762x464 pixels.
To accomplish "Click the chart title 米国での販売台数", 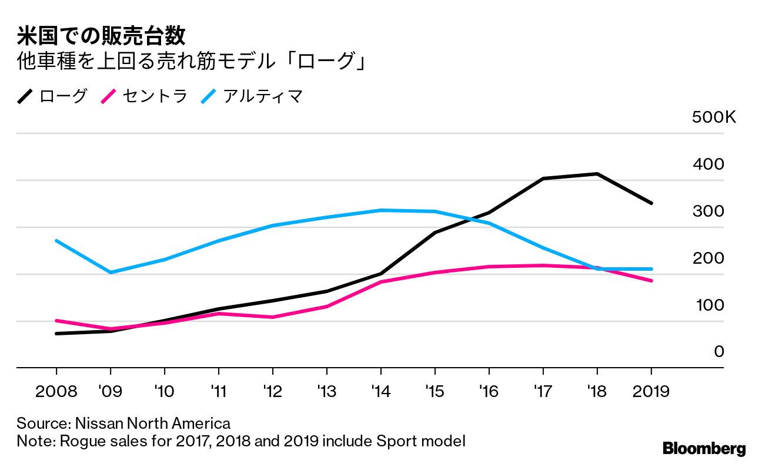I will [x=101, y=36].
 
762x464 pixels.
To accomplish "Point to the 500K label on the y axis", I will [x=714, y=117].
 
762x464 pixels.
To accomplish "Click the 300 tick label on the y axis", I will [x=708, y=211].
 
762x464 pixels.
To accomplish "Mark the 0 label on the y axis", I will [x=718, y=352].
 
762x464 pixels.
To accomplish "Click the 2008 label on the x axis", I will [x=56, y=391].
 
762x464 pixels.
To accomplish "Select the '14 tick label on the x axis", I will [x=380, y=391].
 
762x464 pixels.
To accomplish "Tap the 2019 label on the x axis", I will [x=651, y=391].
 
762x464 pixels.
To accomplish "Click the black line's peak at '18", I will [x=597, y=174].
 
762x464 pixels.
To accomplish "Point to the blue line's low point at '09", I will [x=111, y=273].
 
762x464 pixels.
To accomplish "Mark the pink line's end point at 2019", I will [x=651, y=281].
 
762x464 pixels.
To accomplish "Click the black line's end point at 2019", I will [x=651, y=203].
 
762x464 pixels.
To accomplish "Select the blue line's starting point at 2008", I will [x=56, y=241].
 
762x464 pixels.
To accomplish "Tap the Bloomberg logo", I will [x=704, y=449].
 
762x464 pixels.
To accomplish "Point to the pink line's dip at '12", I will [x=272, y=317].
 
